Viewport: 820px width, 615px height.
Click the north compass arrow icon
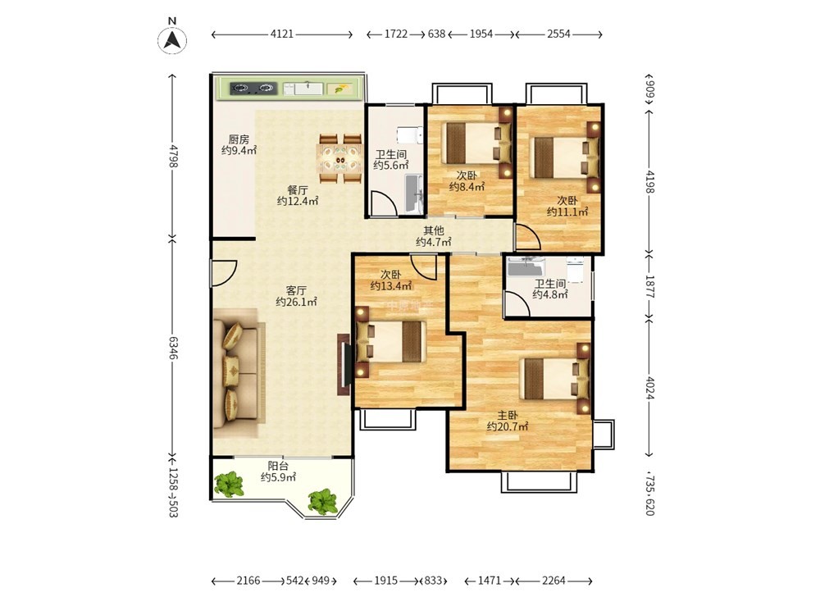coord(172,39)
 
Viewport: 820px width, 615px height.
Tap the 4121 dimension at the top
coord(282,34)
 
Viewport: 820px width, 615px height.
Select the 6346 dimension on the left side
coord(173,347)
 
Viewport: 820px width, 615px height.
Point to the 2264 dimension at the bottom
coord(553,581)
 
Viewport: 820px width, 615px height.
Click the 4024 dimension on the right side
coord(649,388)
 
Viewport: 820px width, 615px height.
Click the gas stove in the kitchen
coord(253,88)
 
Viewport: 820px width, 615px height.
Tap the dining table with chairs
coord(340,158)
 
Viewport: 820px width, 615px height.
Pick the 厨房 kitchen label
coord(239,139)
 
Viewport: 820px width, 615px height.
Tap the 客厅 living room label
coord(296,290)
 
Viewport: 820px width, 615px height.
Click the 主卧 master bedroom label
coord(508,415)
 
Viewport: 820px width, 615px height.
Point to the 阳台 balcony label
coord(278,466)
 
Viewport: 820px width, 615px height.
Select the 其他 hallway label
coord(434,230)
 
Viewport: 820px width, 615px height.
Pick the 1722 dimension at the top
coord(396,34)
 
